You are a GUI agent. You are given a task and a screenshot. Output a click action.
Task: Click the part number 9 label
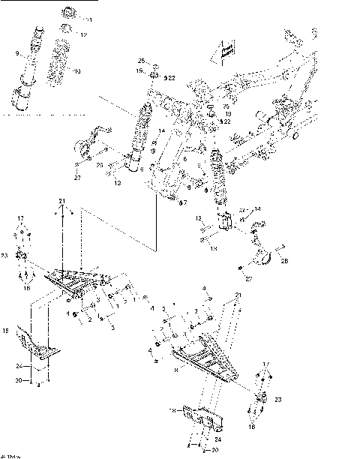16,54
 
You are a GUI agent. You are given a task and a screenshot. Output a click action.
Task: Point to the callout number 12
83,35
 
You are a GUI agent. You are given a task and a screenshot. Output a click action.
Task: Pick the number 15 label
5,330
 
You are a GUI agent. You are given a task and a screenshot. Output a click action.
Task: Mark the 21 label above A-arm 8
239,295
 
